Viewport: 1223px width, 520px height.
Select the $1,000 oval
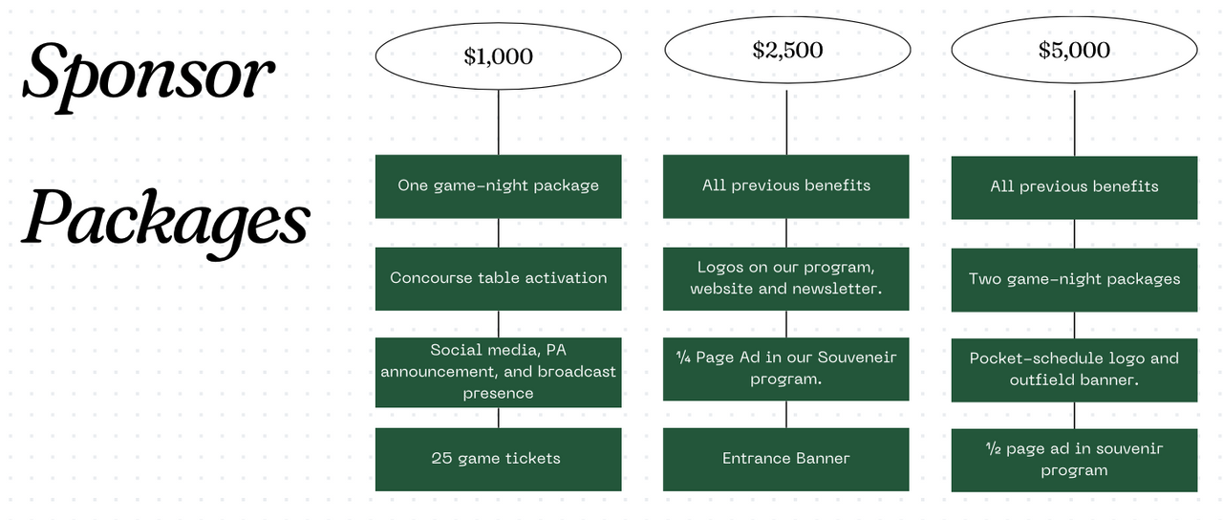click(x=498, y=56)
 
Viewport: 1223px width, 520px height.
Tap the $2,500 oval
click(x=786, y=50)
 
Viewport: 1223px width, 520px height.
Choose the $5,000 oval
click(x=1074, y=50)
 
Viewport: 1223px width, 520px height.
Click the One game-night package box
click(x=498, y=185)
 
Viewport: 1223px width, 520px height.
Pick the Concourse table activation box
click(x=498, y=278)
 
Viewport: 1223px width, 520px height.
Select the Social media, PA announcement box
click(x=498, y=372)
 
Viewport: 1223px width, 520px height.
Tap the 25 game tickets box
click(x=498, y=459)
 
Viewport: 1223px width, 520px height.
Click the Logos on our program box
click(x=786, y=278)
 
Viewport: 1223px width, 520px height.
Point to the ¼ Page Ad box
click(x=786, y=368)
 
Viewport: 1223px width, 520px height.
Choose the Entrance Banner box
click(x=786, y=459)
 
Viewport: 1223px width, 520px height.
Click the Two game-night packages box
click(x=1074, y=279)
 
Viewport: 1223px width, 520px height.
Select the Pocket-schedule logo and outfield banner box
click(x=1074, y=369)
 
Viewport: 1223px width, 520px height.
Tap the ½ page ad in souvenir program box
click(x=1074, y=460)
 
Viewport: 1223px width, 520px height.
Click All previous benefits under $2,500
click(x=786, y=185)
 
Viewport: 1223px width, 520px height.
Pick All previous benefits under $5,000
click(x=1074, y=186)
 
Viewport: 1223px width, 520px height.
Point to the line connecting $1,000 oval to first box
click(x=499, y=122)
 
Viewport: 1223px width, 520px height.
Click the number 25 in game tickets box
click(x=441, y=459)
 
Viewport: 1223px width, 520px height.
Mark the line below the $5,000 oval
click(x=1074, y=123)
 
